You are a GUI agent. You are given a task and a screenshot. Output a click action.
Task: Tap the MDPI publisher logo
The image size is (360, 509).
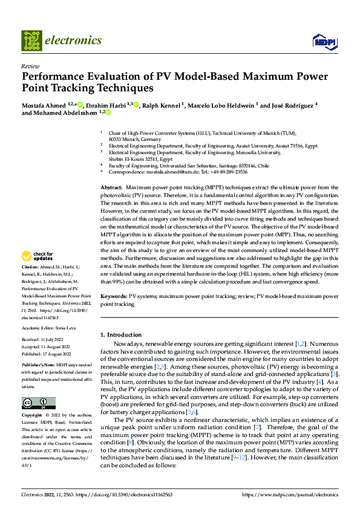[324, 41]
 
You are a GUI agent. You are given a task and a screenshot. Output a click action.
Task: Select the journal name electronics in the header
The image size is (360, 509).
[75, 41]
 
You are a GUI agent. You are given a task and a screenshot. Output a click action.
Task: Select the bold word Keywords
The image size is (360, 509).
[113, 297]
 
